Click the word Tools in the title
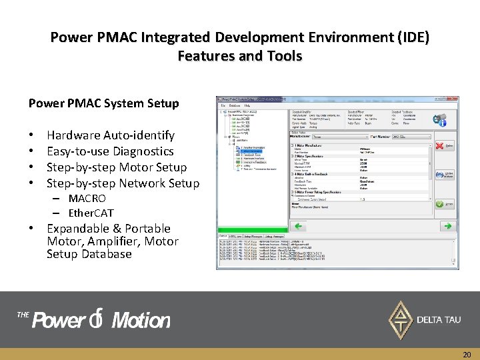[x=283, y=56]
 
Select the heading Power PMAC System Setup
[x=103, y=103]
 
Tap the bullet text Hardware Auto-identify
[x=110, y=135]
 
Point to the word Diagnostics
[x=143, y=151]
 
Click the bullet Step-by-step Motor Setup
[x=116, y=167]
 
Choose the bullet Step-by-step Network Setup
[x=123, y=183]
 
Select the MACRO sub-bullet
[x=87, y=199]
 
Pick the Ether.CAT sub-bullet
[x=91, y=213]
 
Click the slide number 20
[x=467, y=355]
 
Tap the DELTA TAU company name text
[x=438, y=320]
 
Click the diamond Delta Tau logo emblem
[x=400, y=319]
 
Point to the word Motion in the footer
[x=141, y=321]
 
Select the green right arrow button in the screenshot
[x=448, y=226]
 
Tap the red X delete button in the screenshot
[x=441, y=145]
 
